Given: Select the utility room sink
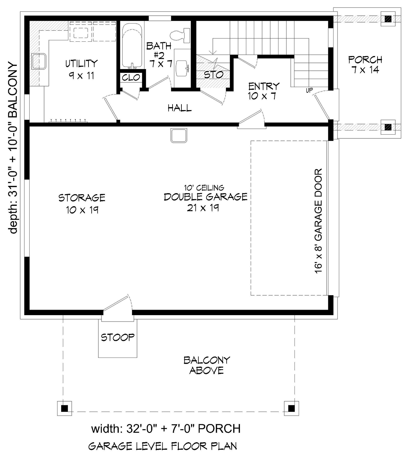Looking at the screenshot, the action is [39, 61].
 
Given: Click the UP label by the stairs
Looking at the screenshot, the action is [310, 90].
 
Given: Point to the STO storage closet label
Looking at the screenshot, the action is [214, 75].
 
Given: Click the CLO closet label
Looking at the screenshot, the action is [131, 78].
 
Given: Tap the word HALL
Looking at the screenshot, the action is [180, 108].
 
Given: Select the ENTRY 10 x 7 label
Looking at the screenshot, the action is [263, 91].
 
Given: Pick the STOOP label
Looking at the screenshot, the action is [118, 338].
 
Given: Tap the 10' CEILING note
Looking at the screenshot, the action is [204, 188].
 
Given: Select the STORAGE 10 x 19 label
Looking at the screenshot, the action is [82, 204].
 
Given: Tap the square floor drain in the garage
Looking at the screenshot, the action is [179, 136].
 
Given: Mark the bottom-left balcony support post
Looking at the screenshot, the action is [65, 408].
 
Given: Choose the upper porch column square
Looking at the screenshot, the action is [388, 19].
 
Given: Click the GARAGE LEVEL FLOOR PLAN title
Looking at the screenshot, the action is [162, 446].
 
